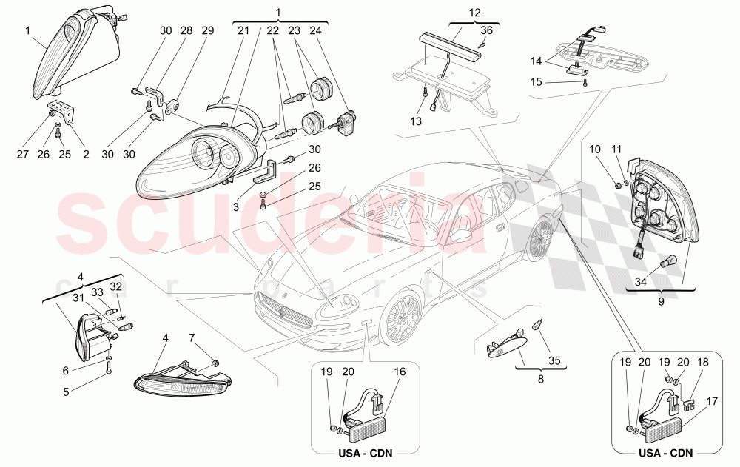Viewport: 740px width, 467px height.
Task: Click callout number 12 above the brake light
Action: coord(474,13)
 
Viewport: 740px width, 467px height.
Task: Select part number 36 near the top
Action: coord(485,30)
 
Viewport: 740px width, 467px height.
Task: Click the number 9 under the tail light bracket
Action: coord(661,301)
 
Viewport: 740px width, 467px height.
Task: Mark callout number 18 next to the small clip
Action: coord(703,363)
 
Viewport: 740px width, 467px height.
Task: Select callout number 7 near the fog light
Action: coord(192,338)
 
